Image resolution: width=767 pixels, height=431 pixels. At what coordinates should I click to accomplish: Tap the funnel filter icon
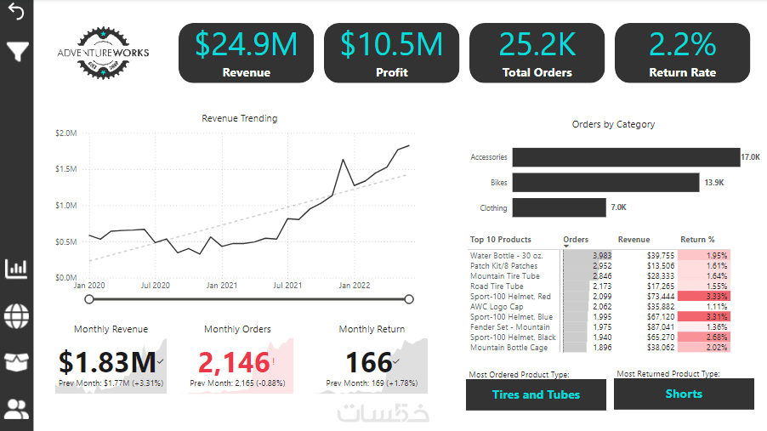pos(16,52)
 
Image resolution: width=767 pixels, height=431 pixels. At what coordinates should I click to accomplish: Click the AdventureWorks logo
pos(102,53)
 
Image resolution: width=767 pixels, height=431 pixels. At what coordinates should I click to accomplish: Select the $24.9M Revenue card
pos(246,53)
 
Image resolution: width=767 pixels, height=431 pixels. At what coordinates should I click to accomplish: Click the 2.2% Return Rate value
pos(682,44)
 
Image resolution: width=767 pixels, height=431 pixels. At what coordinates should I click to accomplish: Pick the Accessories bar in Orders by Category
pos(625,157)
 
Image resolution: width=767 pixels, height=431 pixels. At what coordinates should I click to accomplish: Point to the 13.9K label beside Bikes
pos(713,183)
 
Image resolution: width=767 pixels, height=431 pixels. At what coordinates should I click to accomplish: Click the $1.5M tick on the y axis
pos(65,169)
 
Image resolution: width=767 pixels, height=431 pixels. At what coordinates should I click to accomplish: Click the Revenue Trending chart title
pos(239,119)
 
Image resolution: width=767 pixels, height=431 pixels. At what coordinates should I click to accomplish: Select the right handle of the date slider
pos(409,298)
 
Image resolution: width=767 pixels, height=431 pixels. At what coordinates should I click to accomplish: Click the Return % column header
pos(697,240)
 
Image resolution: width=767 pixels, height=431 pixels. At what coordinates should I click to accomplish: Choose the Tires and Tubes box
pos(536,394)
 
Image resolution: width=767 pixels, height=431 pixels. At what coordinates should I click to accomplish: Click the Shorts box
pos(684,394)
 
